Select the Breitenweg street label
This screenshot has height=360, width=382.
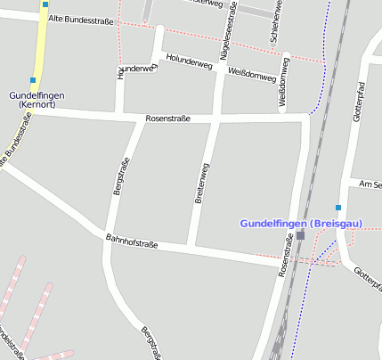(202, 184)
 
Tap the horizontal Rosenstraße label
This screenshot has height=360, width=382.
(168, 119)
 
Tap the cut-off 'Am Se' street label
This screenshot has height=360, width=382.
(370, 184)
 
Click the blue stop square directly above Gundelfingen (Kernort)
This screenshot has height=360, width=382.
(33, 80)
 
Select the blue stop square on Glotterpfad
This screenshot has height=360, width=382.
(338, 207)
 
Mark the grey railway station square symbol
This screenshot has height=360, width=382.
(301, 235)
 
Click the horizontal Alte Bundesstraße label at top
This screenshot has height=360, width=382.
(82, 19)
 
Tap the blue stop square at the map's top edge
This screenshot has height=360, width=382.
(45, 4)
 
